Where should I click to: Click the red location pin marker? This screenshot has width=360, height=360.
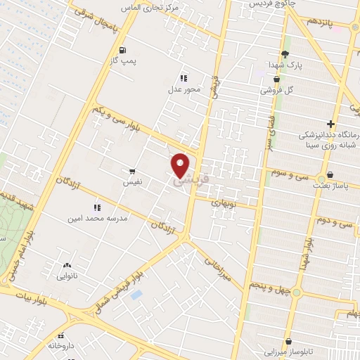181,165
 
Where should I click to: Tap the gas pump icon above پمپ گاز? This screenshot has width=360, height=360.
124,50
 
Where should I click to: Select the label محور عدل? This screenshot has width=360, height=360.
184,89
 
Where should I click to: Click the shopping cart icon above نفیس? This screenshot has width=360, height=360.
132,172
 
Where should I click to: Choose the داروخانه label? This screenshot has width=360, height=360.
61,346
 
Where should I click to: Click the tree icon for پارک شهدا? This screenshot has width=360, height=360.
285,54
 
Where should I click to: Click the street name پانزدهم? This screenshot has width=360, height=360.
321,22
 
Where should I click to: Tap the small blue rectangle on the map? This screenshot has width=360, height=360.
136,294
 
